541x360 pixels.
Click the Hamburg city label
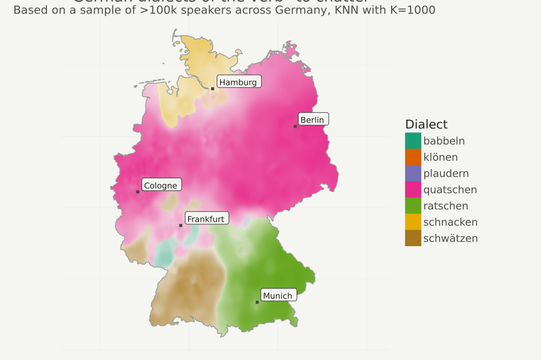tap(239, 82)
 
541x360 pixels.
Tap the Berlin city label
tap(313, 120)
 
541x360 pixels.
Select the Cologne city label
tap(161, 185)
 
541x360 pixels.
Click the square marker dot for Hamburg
tap(212, 89)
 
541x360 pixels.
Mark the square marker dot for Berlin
tap(295, 127)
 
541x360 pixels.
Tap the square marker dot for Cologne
tap(138, 192)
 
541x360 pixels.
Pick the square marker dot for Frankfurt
tap(181, 226)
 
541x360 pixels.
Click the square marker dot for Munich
tap(257, 302)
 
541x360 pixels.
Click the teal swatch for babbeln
tap(413, 141)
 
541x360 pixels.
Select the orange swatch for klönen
tap(413, 157)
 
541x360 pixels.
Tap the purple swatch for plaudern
tap(413, 173)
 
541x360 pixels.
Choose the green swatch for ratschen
tap(413, 206)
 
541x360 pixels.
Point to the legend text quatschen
tap(450, 190)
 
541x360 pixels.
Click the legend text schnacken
tap(450, 222)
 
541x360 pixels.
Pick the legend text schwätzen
tap(450, 238)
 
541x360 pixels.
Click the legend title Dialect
tap(426, 124)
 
